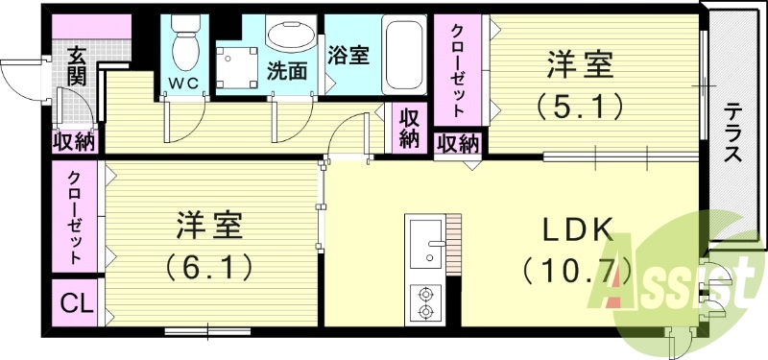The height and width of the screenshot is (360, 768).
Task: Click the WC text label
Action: [183, 83]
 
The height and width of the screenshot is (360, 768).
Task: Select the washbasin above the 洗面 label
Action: [289, 37]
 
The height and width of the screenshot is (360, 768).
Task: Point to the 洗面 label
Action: [287, 70]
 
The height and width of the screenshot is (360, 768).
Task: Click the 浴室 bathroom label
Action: [348, 55]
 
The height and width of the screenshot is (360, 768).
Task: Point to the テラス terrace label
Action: [732, 132]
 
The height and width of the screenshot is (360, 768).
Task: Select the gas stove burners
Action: [425, 302]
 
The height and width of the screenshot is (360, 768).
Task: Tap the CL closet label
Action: [75, 305]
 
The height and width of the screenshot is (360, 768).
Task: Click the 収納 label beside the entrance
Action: [74, 142]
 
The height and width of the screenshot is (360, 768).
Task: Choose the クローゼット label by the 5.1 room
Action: [460, 69]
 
